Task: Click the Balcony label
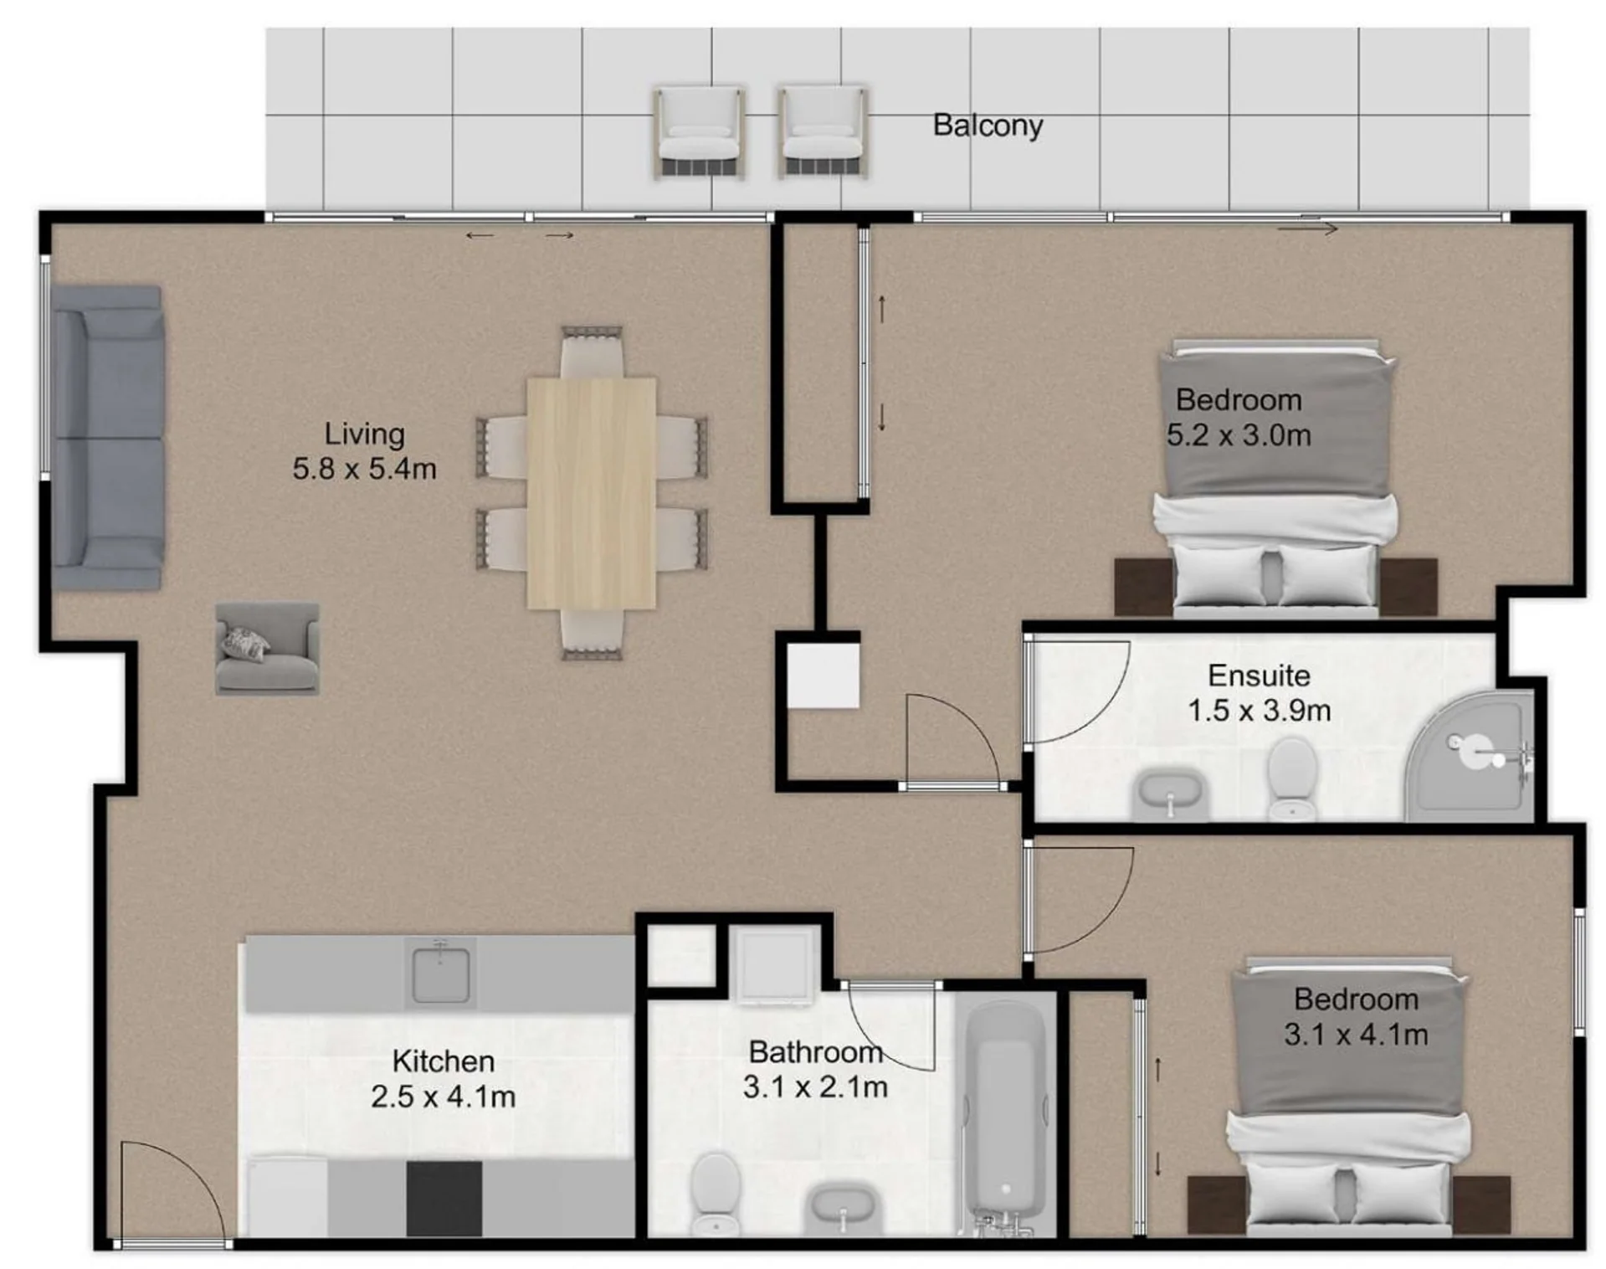coord(988,126)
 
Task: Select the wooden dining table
coord(591,493)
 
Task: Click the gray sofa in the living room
coord(107,437)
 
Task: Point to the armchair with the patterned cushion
coord(267,649)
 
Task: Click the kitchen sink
coord(440,972)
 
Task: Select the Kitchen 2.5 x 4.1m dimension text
coord(443,1079)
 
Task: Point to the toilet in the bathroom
coord(716,1193)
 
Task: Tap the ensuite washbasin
coord(1170,795)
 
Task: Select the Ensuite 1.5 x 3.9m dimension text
coord(1259,693)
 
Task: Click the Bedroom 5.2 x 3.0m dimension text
coord(1239,418)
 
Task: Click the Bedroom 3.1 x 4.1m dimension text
coord(1356,1017)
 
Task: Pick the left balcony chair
coord(700,131)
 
